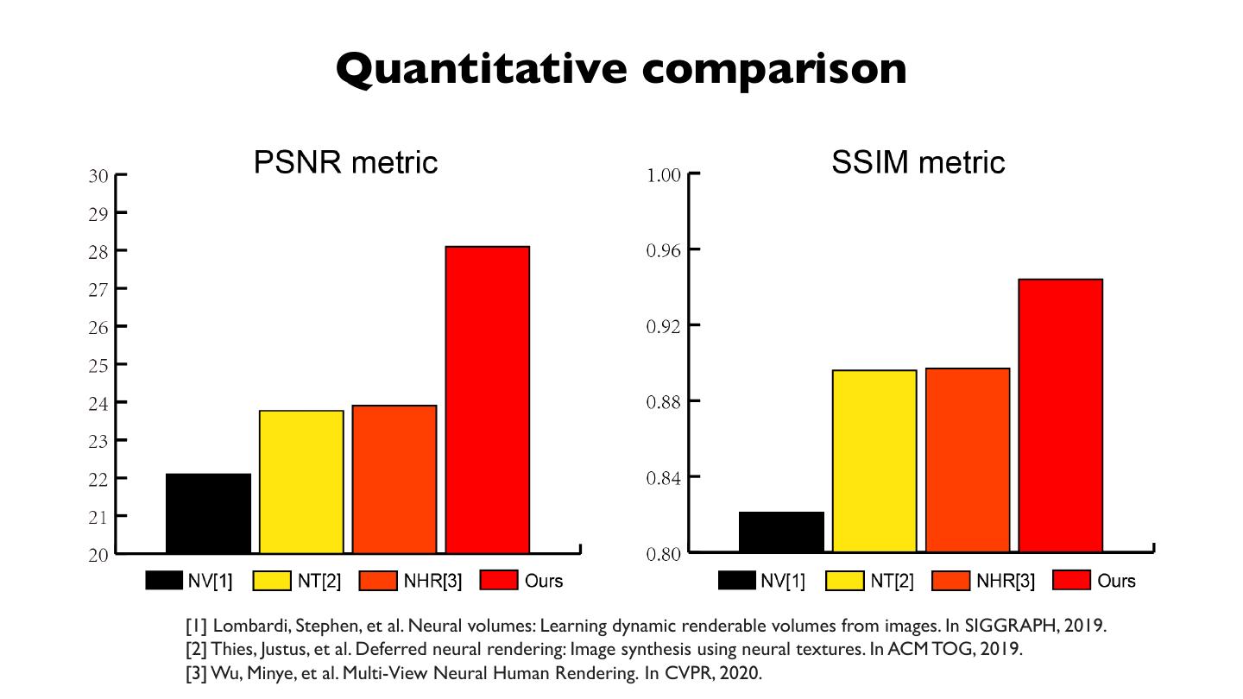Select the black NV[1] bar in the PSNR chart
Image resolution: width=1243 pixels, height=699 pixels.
pyautogui.click(x=208, y=513)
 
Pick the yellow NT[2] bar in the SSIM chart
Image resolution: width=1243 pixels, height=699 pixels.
pyautogui.click(x=874, y=461)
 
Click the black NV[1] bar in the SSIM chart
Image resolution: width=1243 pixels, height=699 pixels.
pyautogui.click(x=781, y=532)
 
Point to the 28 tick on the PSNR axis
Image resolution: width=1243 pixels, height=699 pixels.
pyautogui.click(x=98, y=251)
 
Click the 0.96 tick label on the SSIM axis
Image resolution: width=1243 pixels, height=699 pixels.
pyautogui.click(x=664, y=250)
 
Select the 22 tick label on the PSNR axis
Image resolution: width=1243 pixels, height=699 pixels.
pyautogui.click(x=98, y=478)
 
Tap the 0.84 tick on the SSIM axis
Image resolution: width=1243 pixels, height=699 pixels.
pyautogui.click(x=664, y=477)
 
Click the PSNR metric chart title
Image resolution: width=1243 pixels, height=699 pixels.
pyautogui.click(x=345, y=162)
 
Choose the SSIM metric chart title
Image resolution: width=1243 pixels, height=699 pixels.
pyautogui.click(x=918, y=162)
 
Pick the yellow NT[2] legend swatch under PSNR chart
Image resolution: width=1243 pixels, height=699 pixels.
pyautogui.click(x=271, y=581)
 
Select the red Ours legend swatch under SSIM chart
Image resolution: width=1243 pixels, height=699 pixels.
pyautogui.click(x=1071, y=581)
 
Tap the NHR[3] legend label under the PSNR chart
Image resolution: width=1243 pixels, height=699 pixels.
pyautogui.click(x=432, y=581)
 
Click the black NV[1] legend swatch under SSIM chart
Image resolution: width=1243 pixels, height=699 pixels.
pyautogui.click(x=736, y=581)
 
